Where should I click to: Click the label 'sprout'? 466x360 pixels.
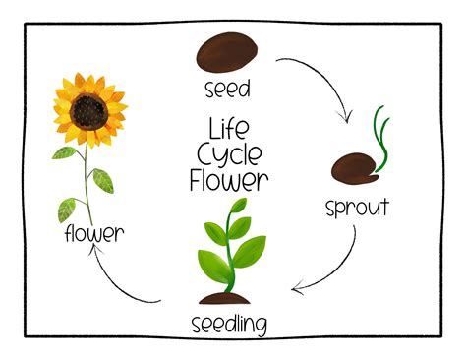point(357,207)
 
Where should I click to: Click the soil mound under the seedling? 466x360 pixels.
point(229,296)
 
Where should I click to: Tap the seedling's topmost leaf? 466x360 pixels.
point(236,209)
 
